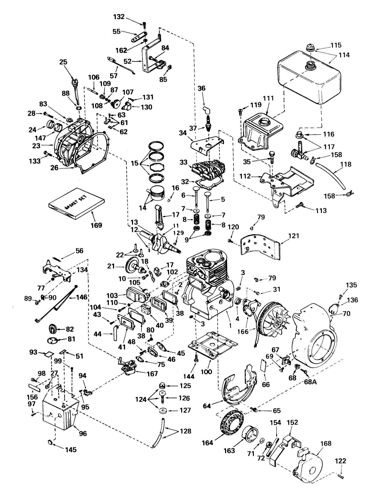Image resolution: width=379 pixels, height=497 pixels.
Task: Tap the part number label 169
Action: pyautogui.click(x=96, y=225)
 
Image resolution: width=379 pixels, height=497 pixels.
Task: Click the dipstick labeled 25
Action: pyautogui.click(x=76, y=88)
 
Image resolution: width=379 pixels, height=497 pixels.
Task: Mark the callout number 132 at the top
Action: pyautogui.click(x=119, y=17)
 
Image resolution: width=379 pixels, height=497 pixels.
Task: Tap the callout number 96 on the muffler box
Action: pyautogui.click(x=83, y=433)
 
